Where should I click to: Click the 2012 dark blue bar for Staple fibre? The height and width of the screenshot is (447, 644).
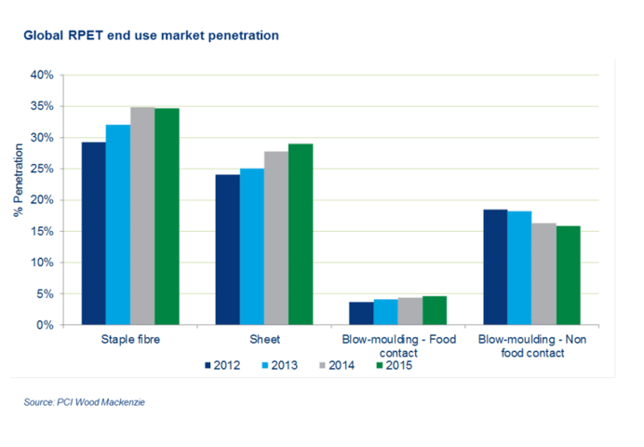[94, 234]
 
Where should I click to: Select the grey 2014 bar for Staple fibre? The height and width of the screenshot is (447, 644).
[142, 216]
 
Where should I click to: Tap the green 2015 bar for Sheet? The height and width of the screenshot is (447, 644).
[301, 234]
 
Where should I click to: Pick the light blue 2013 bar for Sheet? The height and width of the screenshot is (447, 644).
[252, 247]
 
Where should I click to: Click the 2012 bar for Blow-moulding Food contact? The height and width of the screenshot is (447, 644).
[361, 314]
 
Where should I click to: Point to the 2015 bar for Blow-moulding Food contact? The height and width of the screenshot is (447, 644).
[435, 311]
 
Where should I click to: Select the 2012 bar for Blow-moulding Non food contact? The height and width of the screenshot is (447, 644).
[495, 267]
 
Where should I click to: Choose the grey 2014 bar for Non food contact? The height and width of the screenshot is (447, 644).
[544, 274]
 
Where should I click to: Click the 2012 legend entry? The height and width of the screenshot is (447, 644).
[222, 365]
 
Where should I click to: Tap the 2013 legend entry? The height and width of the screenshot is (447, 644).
[280, 365]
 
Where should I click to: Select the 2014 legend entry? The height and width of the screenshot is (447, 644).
[337, 365]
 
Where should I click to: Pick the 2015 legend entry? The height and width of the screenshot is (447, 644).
[395, 365]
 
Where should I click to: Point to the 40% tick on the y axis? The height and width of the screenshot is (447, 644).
[42, 75]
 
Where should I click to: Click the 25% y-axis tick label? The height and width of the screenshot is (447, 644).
[42, 169]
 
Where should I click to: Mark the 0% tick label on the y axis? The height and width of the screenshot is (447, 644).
[45, 325]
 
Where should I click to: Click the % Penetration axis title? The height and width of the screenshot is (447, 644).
[18, 180]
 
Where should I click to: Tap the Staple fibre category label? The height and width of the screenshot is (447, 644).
[130, 339]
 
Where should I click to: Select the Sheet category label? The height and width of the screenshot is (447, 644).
[264, 339]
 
